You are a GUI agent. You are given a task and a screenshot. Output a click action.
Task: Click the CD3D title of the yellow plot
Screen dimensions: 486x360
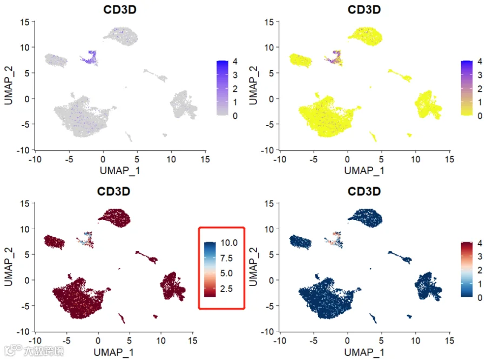coord(364,10)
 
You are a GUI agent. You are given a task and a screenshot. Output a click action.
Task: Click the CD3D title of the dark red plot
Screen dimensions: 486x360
coord(113,191)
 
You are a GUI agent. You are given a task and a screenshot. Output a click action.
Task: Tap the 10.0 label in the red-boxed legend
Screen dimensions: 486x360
coord(229,243)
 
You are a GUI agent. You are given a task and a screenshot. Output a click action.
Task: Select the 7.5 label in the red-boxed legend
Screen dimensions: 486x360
coord(227,258)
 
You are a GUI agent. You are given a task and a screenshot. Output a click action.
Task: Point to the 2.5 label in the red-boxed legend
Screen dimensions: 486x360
coord(227,289)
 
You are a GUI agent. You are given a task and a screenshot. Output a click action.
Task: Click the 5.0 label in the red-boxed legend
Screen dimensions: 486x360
coord(227,274)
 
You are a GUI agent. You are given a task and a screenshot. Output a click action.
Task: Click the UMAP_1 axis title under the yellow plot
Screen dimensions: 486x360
coord(364,171)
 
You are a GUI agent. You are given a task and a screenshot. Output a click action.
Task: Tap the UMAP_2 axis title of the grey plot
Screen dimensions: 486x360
coord(8,85)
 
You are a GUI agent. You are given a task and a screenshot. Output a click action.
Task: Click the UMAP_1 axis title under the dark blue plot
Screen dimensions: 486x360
coord(364,352)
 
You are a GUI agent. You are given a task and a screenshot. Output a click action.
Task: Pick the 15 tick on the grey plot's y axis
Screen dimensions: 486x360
coord(25,22)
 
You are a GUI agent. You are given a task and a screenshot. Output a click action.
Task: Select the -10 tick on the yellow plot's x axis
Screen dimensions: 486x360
coord(280,159)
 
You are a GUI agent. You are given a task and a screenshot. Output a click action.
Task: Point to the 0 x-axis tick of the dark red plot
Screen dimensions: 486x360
coord(98,341)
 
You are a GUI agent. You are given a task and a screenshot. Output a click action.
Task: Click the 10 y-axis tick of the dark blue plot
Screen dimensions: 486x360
coord(269,229)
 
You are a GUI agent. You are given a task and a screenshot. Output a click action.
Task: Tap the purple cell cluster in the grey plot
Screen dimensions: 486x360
coord(89,58)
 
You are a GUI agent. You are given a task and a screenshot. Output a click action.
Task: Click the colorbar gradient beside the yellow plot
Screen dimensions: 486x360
coord(467,88)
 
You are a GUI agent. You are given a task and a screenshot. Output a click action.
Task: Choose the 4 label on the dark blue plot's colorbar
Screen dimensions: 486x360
coord(480,243)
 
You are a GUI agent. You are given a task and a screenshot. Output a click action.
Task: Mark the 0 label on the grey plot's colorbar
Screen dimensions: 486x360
coord(235,116)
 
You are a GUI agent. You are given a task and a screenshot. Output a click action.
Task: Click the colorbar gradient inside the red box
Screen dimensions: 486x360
coord(210,269)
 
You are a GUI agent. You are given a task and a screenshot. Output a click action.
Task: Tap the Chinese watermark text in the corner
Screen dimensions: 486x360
coord(44,351)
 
